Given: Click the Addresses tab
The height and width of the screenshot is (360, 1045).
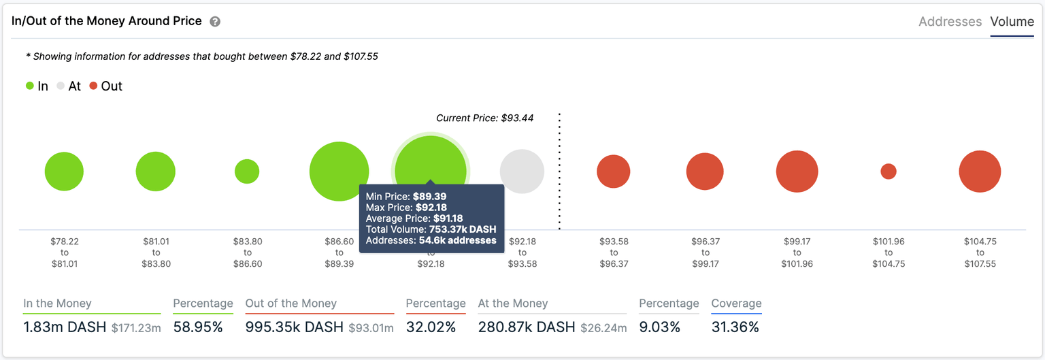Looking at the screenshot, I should coord(950,22).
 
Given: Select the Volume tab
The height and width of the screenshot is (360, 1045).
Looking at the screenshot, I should coord(1012,22).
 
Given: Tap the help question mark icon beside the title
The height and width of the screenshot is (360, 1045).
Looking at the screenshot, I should coord(215,22).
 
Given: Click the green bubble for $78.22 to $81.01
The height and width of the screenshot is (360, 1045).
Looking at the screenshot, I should coord(64,171).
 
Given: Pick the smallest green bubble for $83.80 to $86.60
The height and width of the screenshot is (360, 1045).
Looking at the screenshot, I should coord(247,171).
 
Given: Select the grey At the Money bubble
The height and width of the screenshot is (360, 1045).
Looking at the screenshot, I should coord(522,171).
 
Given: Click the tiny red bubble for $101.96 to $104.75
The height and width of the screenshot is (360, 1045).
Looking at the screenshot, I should coord(888,171).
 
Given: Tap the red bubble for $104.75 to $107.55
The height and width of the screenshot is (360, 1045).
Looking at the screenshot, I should coord(980,171).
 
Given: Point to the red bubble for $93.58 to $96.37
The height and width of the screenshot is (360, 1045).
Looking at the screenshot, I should coord(614,171).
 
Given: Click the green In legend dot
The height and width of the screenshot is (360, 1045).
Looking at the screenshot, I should coord(30,86).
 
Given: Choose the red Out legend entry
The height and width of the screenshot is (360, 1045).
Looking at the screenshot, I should coord(105,86).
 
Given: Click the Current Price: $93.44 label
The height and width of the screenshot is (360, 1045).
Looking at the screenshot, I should coord(484,118).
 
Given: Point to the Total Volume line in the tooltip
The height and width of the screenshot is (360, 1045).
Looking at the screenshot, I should coord(431,229).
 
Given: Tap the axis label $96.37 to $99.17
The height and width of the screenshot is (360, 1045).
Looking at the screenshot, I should coord(705,252).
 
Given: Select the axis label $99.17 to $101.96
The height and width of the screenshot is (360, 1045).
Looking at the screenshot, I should coord(797,252).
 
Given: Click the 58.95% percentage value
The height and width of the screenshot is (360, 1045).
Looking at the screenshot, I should coord(198,327).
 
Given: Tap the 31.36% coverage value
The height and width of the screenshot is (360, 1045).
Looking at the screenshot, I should coord(735,327).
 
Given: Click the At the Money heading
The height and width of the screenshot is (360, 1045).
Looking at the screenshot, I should coord(513,304).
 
